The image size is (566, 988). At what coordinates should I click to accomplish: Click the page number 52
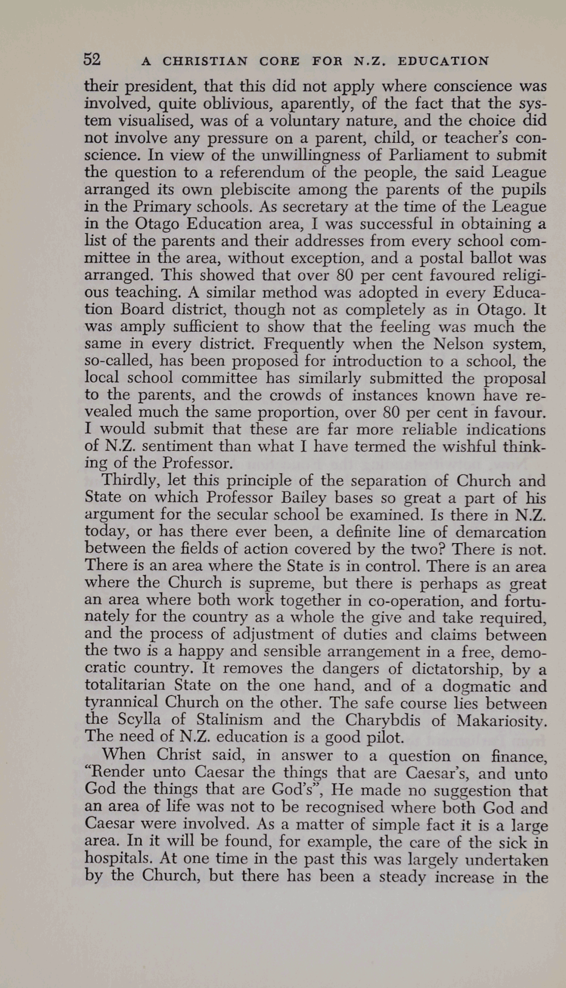(x=92, y=59)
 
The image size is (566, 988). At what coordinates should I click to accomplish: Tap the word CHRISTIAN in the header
(x=205, y=61)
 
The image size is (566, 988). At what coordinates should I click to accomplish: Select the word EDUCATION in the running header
(x=443, y=61)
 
